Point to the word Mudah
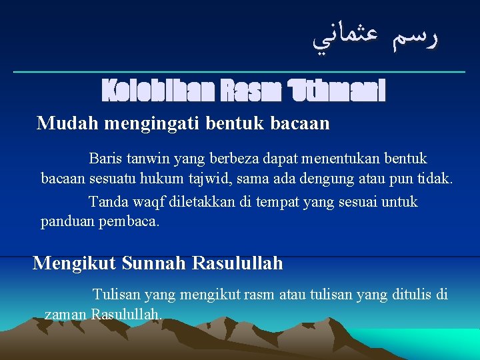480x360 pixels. [x=63, y=123]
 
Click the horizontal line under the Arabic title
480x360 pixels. [x=240, y=71]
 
